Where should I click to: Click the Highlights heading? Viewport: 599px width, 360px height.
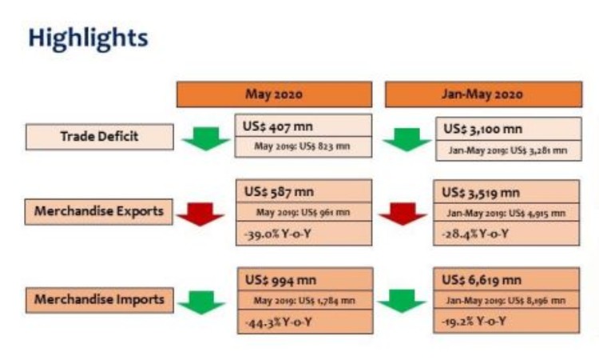coord(87,37)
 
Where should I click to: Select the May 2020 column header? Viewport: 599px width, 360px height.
coord(274,94)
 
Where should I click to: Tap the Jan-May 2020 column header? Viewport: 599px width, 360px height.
coord(482,94)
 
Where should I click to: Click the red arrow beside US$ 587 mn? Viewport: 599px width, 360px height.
coord(200,214)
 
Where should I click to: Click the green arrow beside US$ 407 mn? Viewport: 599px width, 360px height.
coord(205,139)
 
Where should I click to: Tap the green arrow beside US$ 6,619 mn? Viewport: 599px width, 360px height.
coord(402,302)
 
